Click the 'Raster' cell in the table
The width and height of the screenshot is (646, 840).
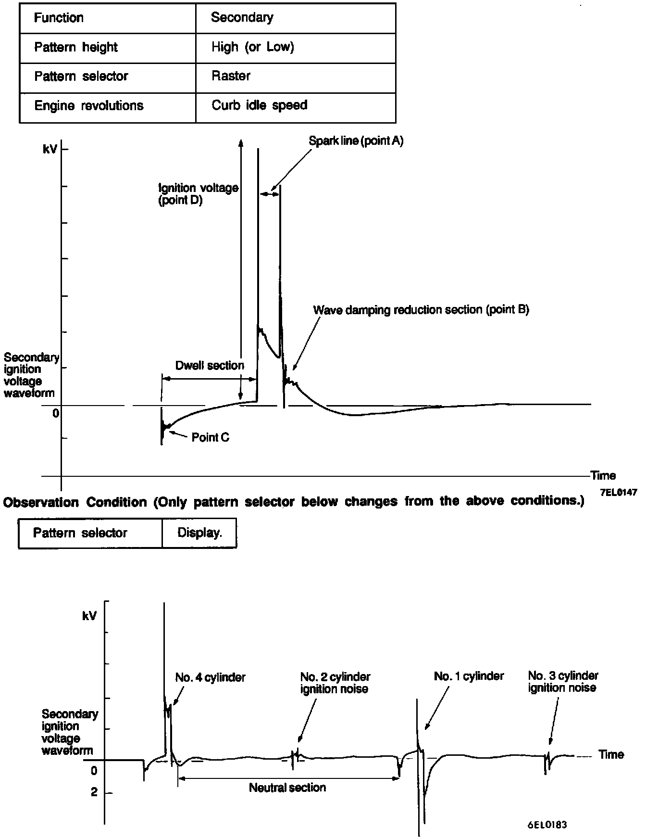[231, 76]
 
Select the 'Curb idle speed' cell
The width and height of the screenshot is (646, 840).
[259, 105]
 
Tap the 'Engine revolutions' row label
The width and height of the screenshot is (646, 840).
[89, 106]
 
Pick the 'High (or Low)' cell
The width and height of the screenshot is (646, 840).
[252, 47]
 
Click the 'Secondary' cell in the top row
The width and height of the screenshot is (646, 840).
[242, 18]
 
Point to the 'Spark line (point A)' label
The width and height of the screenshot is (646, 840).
[356, 141]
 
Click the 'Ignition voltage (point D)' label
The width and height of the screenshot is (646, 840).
[198, 194]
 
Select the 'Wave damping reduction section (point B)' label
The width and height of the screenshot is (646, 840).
[421, 310]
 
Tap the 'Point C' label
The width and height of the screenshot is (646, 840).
[211, 437]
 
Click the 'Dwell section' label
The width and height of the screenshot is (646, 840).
[210, 366]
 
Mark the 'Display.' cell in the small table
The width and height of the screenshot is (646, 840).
[199, 533]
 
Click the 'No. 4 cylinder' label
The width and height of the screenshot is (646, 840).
[210, 678]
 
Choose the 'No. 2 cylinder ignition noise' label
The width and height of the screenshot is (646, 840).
[335, 683]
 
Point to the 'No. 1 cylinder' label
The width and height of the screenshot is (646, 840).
[469, 676]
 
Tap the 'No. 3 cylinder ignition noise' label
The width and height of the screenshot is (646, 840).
[563, 682]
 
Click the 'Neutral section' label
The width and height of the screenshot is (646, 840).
[287, 788]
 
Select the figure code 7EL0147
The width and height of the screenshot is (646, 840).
[618, 492]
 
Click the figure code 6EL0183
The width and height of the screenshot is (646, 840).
[547, 825]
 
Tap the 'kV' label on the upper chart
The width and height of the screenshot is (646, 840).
[50, 150]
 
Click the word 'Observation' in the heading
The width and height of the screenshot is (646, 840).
[41, 503]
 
